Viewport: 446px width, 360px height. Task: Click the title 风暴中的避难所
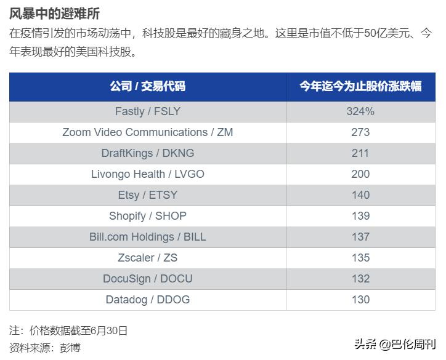point(54,14)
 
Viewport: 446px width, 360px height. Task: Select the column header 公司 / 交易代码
point(148,87)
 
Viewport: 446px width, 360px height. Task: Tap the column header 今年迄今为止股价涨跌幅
point(360,87)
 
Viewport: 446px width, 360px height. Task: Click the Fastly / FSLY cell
point(148,111)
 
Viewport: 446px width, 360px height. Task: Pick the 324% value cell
point(360,111)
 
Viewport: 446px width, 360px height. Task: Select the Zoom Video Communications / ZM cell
point(148,132)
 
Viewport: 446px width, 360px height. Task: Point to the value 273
point(360,132)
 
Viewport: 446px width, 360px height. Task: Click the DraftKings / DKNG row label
point(148,153)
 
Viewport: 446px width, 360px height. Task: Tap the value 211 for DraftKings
point(360,153)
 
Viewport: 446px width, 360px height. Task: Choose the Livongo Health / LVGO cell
point(148,174)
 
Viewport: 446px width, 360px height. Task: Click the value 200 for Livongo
point(360,174)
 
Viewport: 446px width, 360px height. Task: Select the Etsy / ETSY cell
point(148,195)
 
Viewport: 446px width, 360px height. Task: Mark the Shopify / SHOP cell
point(148,216)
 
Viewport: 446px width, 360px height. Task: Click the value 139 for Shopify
point(360,216)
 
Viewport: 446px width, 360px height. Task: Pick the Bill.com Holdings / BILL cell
point(148,237)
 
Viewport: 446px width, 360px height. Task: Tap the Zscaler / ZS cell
point(148,258)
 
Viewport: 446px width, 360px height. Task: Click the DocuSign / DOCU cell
point(148,279)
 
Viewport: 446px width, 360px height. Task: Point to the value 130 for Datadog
point(360,300)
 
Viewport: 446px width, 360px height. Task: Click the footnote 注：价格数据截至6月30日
point(68,330)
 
